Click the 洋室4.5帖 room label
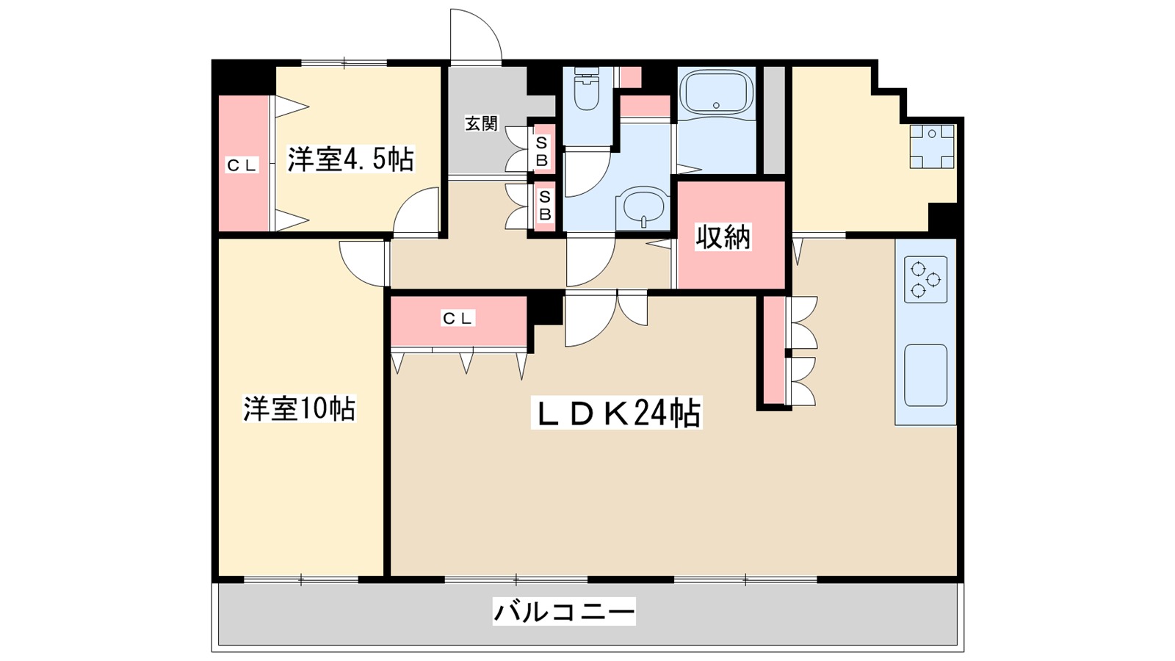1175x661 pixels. click(x=350, y=159)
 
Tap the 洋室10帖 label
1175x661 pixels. click(x=300, y=409)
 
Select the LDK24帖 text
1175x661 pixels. click(x=616, y=414)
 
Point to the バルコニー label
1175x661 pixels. click(x=564, y=611)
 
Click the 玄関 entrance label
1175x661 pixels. click(x=481, y=123)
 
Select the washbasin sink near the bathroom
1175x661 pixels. click(x=643, y=207)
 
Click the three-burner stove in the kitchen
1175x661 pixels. click(x=925, y=280)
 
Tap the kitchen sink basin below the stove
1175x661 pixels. click(x=925, y=375)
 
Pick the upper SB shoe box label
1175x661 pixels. click(x=542, y=151)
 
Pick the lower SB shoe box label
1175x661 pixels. click(x=545, y=206)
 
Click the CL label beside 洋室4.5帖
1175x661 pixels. click(x=242, y=166)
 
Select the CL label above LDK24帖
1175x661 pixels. click(x=458, y=318)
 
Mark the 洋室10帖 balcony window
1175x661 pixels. click(x=301, y=579)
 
